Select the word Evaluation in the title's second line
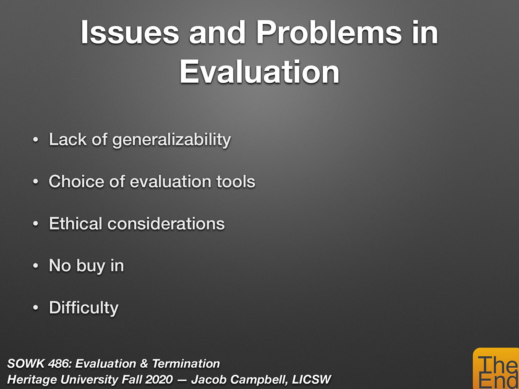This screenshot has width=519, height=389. click(259, 72)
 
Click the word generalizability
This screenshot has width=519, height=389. click(172, 140)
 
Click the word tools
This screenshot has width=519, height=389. click(236, 182)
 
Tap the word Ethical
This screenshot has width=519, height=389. click(75, 224)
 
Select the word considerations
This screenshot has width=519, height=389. click(166, 224)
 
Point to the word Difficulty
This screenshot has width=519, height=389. click(84, 308)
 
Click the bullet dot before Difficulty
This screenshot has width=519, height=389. click(36, 308)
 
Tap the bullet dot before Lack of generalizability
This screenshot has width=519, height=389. click(36, 140)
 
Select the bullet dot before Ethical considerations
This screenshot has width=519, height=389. click(36, 224)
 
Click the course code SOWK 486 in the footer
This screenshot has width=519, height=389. click(38, 364)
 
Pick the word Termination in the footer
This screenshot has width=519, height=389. click(186, 364)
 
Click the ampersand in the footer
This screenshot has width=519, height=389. click(144, 364)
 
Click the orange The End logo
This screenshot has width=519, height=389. click(496, 370)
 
